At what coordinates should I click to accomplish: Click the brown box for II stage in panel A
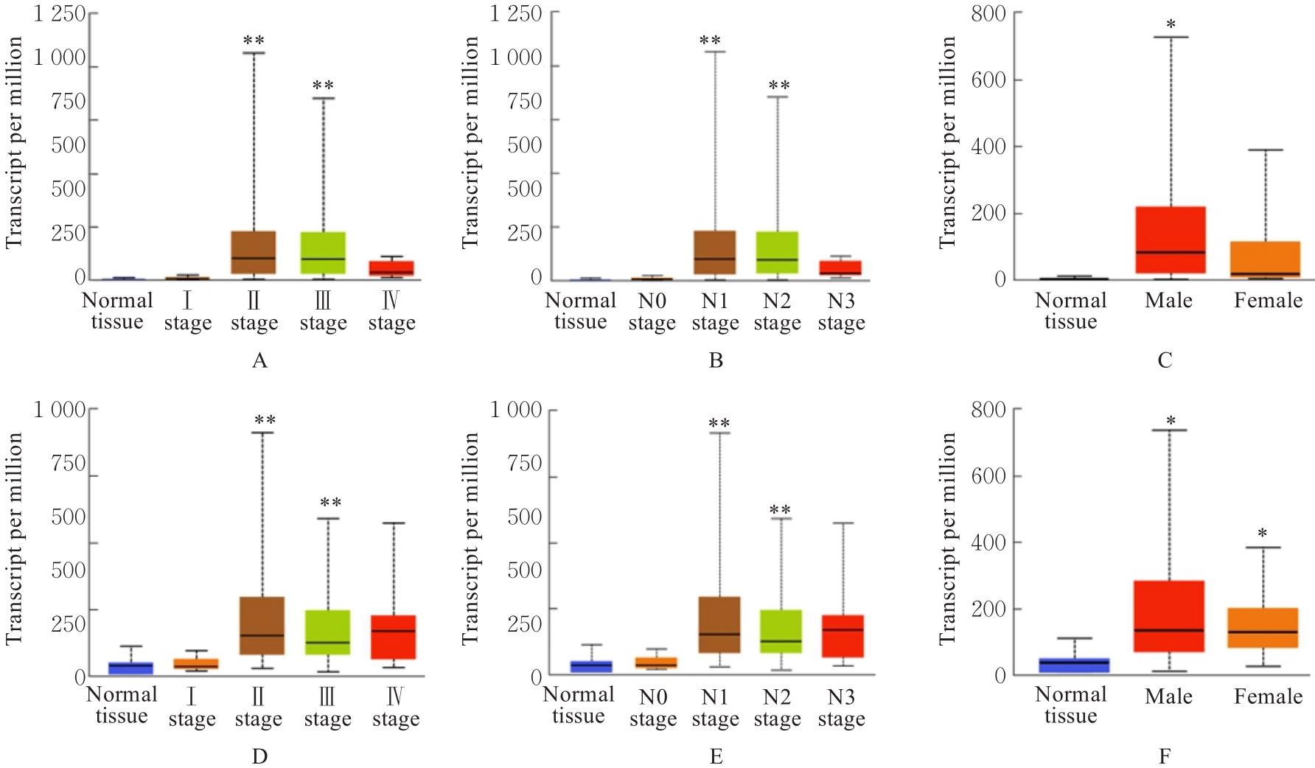coord(254,252)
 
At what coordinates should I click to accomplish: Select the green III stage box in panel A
coord(323,253)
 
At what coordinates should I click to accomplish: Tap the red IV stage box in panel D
coord(393,637)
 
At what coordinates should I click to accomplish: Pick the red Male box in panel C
coord(1171,240)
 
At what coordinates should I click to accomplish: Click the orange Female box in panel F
coord(1263,628)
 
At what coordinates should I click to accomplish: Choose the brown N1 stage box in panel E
coord(719,624)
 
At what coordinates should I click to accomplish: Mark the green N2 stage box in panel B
coord(777,253)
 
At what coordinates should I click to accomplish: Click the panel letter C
coord(1165,360)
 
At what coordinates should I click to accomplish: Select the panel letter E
coord(716,757)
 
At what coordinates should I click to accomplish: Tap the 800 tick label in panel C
coord(988,14)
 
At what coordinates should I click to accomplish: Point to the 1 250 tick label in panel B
coord(516,14)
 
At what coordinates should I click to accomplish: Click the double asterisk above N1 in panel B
coord(711,41)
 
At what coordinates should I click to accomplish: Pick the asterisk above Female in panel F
coord(1263,534)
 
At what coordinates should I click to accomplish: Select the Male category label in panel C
coord(1168,301)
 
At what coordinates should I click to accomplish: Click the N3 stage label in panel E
coord(841,708)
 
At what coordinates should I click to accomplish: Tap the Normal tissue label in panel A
coord(117,311)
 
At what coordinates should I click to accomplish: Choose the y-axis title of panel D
coord(14,539)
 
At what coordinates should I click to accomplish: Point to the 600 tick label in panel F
coord(988,476)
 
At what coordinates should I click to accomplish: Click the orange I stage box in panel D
coord(196,663)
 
